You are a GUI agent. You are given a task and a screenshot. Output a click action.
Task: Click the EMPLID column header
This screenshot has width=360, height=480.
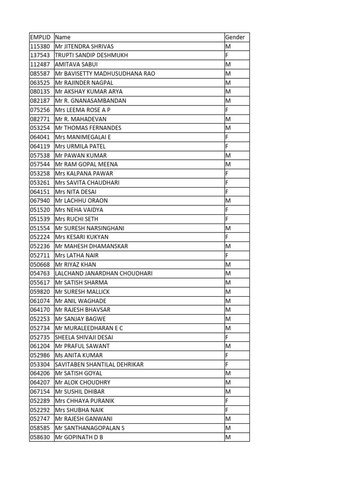tap(39, 37)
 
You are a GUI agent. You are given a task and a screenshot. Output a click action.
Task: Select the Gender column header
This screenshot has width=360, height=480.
tap(235, 37)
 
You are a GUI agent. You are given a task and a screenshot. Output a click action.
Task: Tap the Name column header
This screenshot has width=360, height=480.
tap(63, 37)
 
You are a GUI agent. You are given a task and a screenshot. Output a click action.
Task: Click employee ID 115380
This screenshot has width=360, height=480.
tap(39, 46)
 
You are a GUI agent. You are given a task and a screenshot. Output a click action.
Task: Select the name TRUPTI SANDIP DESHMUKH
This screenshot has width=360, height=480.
tap(91, 55)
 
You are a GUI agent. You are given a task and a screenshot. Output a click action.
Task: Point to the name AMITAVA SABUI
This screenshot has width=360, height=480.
tap(76, 64)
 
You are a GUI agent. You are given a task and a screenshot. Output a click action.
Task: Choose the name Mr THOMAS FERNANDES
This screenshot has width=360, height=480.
tap(88, 128)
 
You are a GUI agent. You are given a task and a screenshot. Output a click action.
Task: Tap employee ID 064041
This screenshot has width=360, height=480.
tap(39, 137)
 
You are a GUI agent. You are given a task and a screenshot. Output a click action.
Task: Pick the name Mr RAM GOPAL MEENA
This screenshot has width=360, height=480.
tap(86, 165)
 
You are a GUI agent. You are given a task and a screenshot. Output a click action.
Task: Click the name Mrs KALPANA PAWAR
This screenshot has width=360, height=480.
tap(84, 173)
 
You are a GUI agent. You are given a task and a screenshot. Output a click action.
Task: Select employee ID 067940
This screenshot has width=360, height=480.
tap(39, 201)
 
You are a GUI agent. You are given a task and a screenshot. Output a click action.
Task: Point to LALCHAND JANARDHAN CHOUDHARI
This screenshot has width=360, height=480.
tap(104, 273)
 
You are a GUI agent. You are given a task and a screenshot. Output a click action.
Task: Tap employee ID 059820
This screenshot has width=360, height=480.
tap(39, 292)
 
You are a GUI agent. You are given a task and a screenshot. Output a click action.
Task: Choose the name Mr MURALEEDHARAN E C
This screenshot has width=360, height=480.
tap(89, 328)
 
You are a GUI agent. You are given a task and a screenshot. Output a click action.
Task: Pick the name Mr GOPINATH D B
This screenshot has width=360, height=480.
tap(79, 437)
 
